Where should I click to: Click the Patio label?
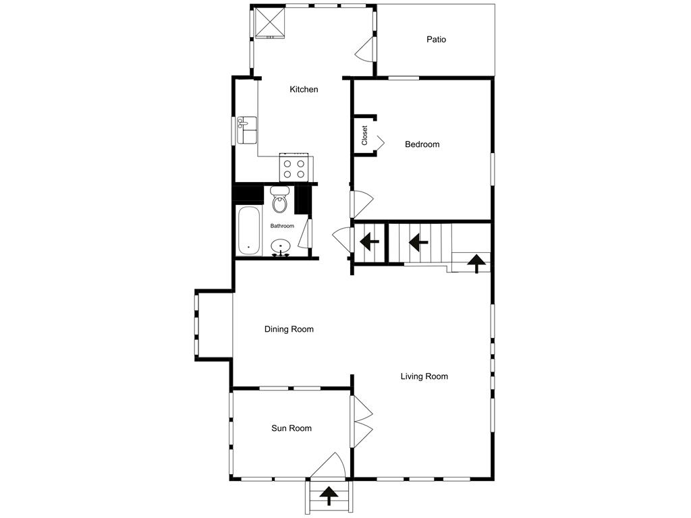pos(436,39)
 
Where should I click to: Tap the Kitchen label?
pos(304,89)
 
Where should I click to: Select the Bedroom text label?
pos(422,144)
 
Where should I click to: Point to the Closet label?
pos(364,136)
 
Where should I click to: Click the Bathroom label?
pos(282,226)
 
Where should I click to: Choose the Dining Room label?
pos(289,329)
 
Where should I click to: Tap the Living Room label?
pos(424,376)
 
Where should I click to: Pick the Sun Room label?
pos(292,428)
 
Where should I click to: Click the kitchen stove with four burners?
pos(294,168)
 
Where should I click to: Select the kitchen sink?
pos(247,130)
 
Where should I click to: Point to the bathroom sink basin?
pos(281,248)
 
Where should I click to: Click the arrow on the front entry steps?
pos(329,496)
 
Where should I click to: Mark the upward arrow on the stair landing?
pos(477,262)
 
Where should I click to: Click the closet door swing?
pos(379,142)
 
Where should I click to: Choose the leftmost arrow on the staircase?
pos(368,241)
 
